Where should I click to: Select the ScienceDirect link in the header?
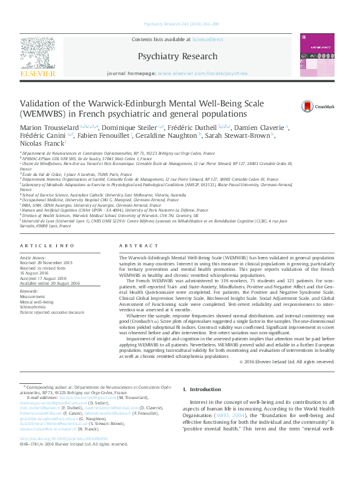click(x=208, y=39)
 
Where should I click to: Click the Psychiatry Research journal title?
click(x=177, y=56)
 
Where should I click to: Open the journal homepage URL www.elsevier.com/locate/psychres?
click(x=202, y=73)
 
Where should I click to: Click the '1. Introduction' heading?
click(x=201, y=390)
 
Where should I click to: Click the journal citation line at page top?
click(x=180, y=24)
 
